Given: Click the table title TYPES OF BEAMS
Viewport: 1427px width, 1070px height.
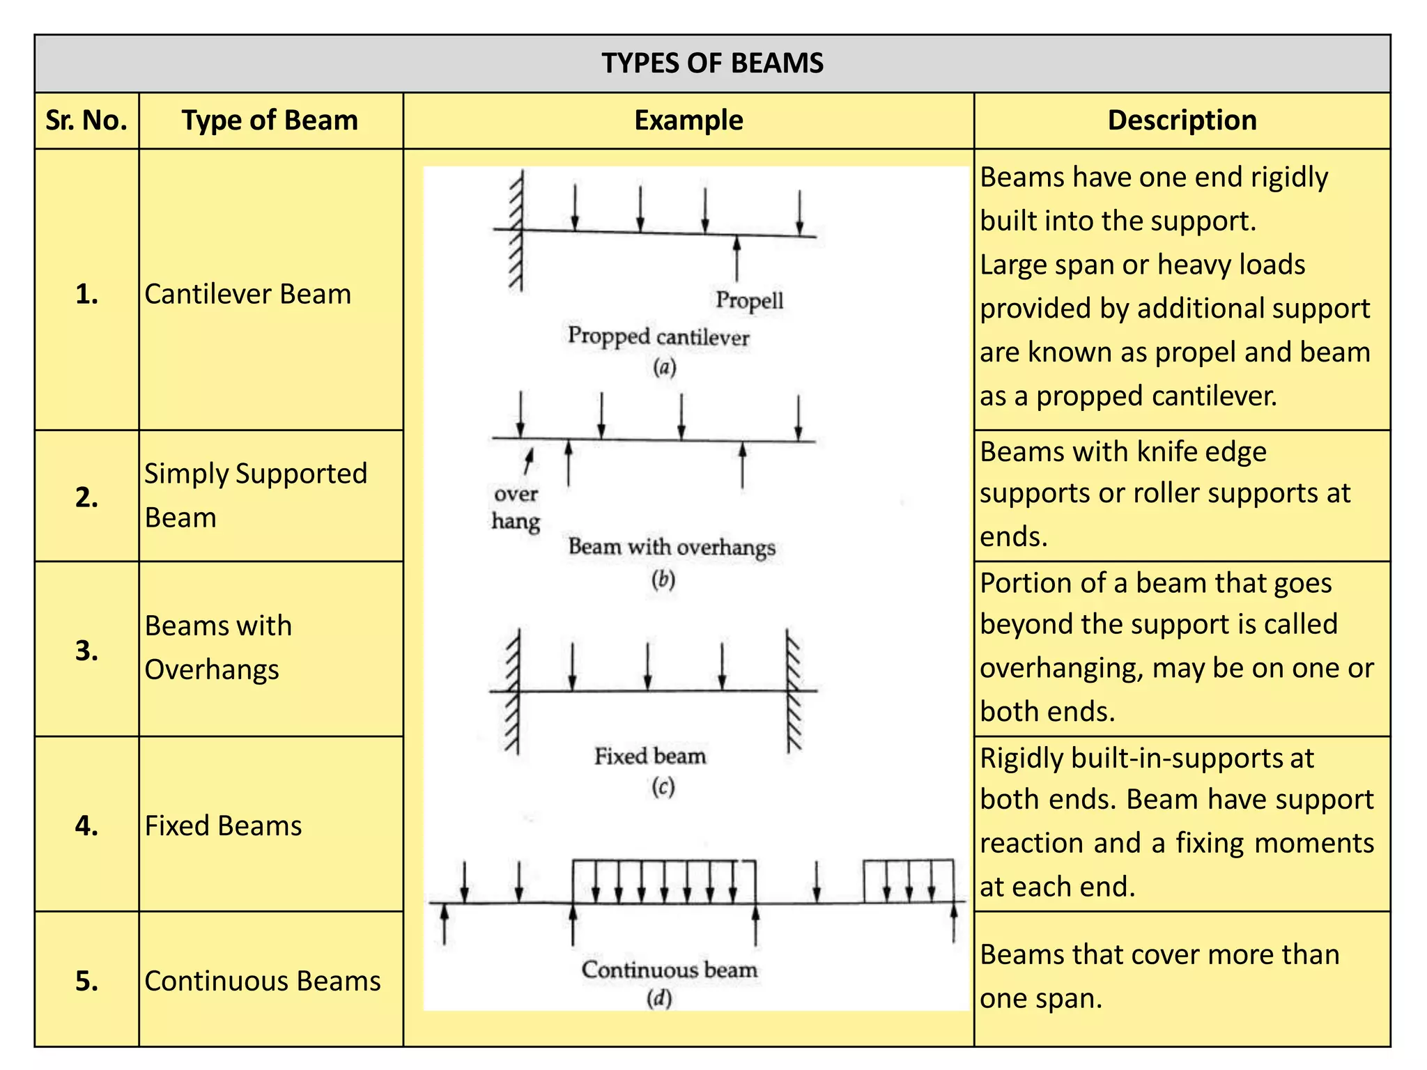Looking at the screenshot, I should pos(712,63).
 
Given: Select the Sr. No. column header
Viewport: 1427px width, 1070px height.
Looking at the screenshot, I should pos(86,121).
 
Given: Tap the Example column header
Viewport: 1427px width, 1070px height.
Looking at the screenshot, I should pos(688,121).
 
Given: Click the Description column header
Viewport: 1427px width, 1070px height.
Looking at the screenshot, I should pos(1182,121).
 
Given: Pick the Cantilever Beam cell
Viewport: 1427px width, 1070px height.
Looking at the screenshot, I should pos(247,294).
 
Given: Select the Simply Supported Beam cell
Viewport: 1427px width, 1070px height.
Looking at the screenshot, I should pos(255,495).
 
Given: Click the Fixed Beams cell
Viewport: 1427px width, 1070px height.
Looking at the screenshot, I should pos(223,825).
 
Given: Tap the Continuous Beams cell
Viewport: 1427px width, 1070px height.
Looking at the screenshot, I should pos(262,981).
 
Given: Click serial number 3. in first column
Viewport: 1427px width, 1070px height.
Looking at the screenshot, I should pos(86,651).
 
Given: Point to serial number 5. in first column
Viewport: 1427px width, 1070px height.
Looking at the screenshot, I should pos(86,981).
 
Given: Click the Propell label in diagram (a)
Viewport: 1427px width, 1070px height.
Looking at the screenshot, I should pos(749,300).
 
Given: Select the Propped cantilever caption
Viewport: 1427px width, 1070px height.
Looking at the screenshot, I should pos(658,336).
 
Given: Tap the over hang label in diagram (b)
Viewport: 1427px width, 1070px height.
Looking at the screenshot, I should pos(516,508).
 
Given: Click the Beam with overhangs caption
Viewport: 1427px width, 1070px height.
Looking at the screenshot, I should pos(672,547).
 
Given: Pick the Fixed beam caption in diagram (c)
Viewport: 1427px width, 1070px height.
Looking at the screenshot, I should pos(650,757).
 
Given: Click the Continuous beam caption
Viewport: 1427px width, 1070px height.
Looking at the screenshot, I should pos(669,970).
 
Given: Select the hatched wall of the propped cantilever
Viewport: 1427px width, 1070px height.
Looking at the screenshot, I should pos(516,231).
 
